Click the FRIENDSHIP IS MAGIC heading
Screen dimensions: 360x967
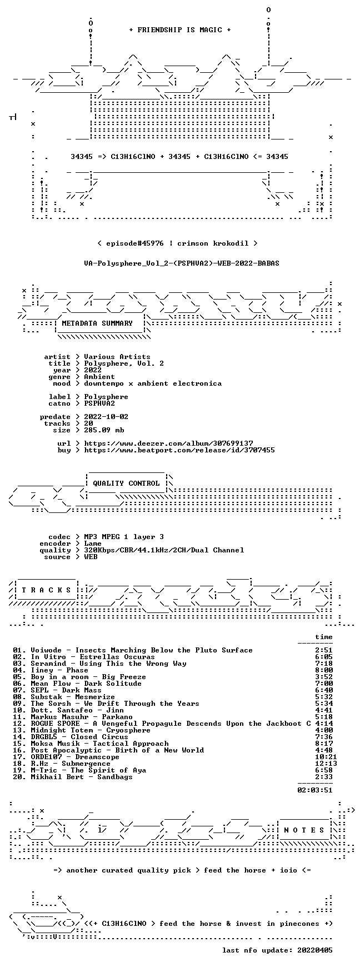click(180, 30)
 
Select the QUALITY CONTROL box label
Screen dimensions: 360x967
click(126, 483)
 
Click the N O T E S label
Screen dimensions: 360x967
click(304, 830)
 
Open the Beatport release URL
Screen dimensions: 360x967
click(179, 450)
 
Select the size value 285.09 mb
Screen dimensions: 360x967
click(104, 430)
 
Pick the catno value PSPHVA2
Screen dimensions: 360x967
click(100, 403)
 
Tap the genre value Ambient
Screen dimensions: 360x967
click(100, 377)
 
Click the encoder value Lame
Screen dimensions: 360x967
click(93, 544)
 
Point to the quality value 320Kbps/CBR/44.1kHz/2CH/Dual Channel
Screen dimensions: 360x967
click(164, 550)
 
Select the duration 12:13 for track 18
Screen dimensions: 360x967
click(322, 764)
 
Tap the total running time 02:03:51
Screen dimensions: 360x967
click(316, 790)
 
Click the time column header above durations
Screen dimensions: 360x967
click(324, 637)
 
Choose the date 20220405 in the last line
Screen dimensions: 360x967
click(316, 950)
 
